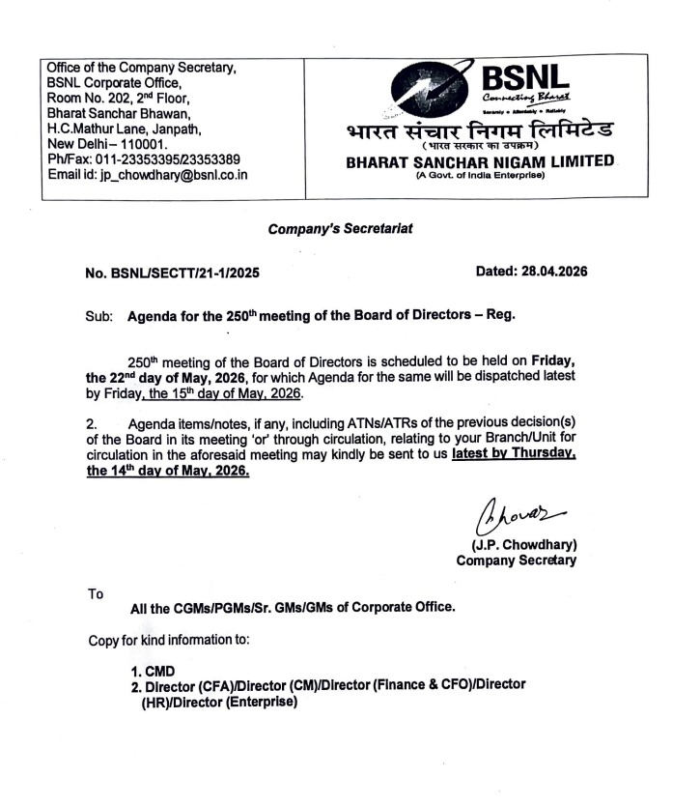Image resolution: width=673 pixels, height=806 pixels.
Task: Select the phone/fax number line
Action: pyautogui.click(x=144, y=158)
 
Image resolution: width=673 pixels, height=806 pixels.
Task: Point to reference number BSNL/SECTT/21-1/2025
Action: pyautogui.click(x=172, y=273)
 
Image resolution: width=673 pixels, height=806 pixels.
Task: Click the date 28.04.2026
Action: pyautogui.click(x=532, y=273)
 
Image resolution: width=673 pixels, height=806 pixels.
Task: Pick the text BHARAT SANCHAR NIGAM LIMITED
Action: pyautogui.click(x=481, y=161)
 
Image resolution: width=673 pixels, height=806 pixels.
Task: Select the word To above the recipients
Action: pyautogui.click(x=95, y=594)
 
